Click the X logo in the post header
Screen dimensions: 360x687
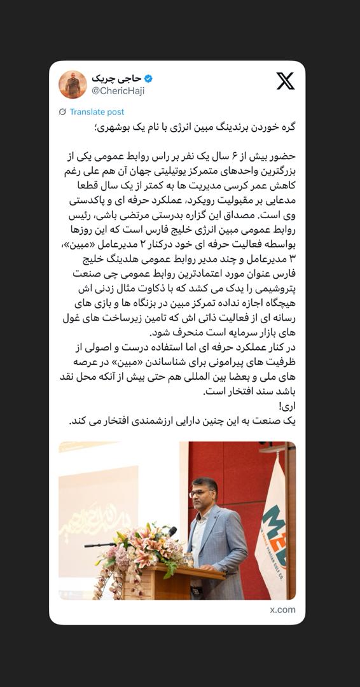[285, 81]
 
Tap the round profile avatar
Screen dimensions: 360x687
[73, 85]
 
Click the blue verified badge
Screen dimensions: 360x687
[148, 79]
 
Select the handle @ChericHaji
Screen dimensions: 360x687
[118, 91]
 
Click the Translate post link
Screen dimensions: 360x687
[97, 112]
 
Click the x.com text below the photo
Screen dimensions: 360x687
[282, 609]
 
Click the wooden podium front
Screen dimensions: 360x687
[172, 582]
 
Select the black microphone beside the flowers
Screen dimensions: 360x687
[102, 545]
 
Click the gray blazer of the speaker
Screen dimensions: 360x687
[219, 541]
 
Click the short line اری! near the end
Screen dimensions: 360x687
[287, 406]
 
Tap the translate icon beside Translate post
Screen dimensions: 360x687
[62, 112]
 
